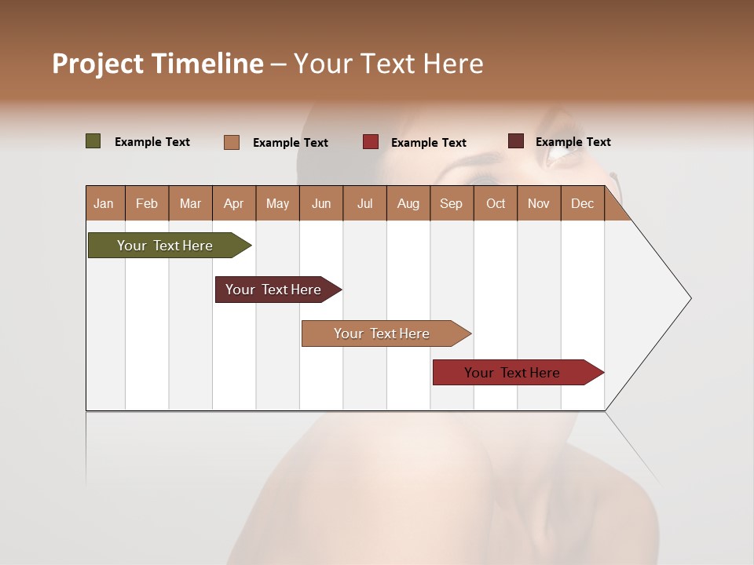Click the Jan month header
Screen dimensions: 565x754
point(104,203)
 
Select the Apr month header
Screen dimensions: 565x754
point(233,203)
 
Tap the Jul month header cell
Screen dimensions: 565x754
point(364,203)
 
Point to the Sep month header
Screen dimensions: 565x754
point(451,203)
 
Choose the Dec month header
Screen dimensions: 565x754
point(582,203)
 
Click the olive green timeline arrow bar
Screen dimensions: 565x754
point(165,246)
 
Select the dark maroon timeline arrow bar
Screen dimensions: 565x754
point(273,290)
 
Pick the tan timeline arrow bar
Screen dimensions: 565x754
point(382,334)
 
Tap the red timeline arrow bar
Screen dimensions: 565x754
point(512,373)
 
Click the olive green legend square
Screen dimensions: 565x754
point(93,141)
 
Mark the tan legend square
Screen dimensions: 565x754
point(232,142)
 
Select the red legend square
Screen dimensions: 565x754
point(371,142)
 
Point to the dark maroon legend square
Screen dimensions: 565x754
point(516,141)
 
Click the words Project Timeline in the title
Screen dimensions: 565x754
point(157,64)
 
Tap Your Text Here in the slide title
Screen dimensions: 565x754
point(389,64)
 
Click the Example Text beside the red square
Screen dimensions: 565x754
point(429,143)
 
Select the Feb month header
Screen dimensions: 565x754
point(147,203)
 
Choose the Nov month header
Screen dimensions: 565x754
point(539,203)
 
